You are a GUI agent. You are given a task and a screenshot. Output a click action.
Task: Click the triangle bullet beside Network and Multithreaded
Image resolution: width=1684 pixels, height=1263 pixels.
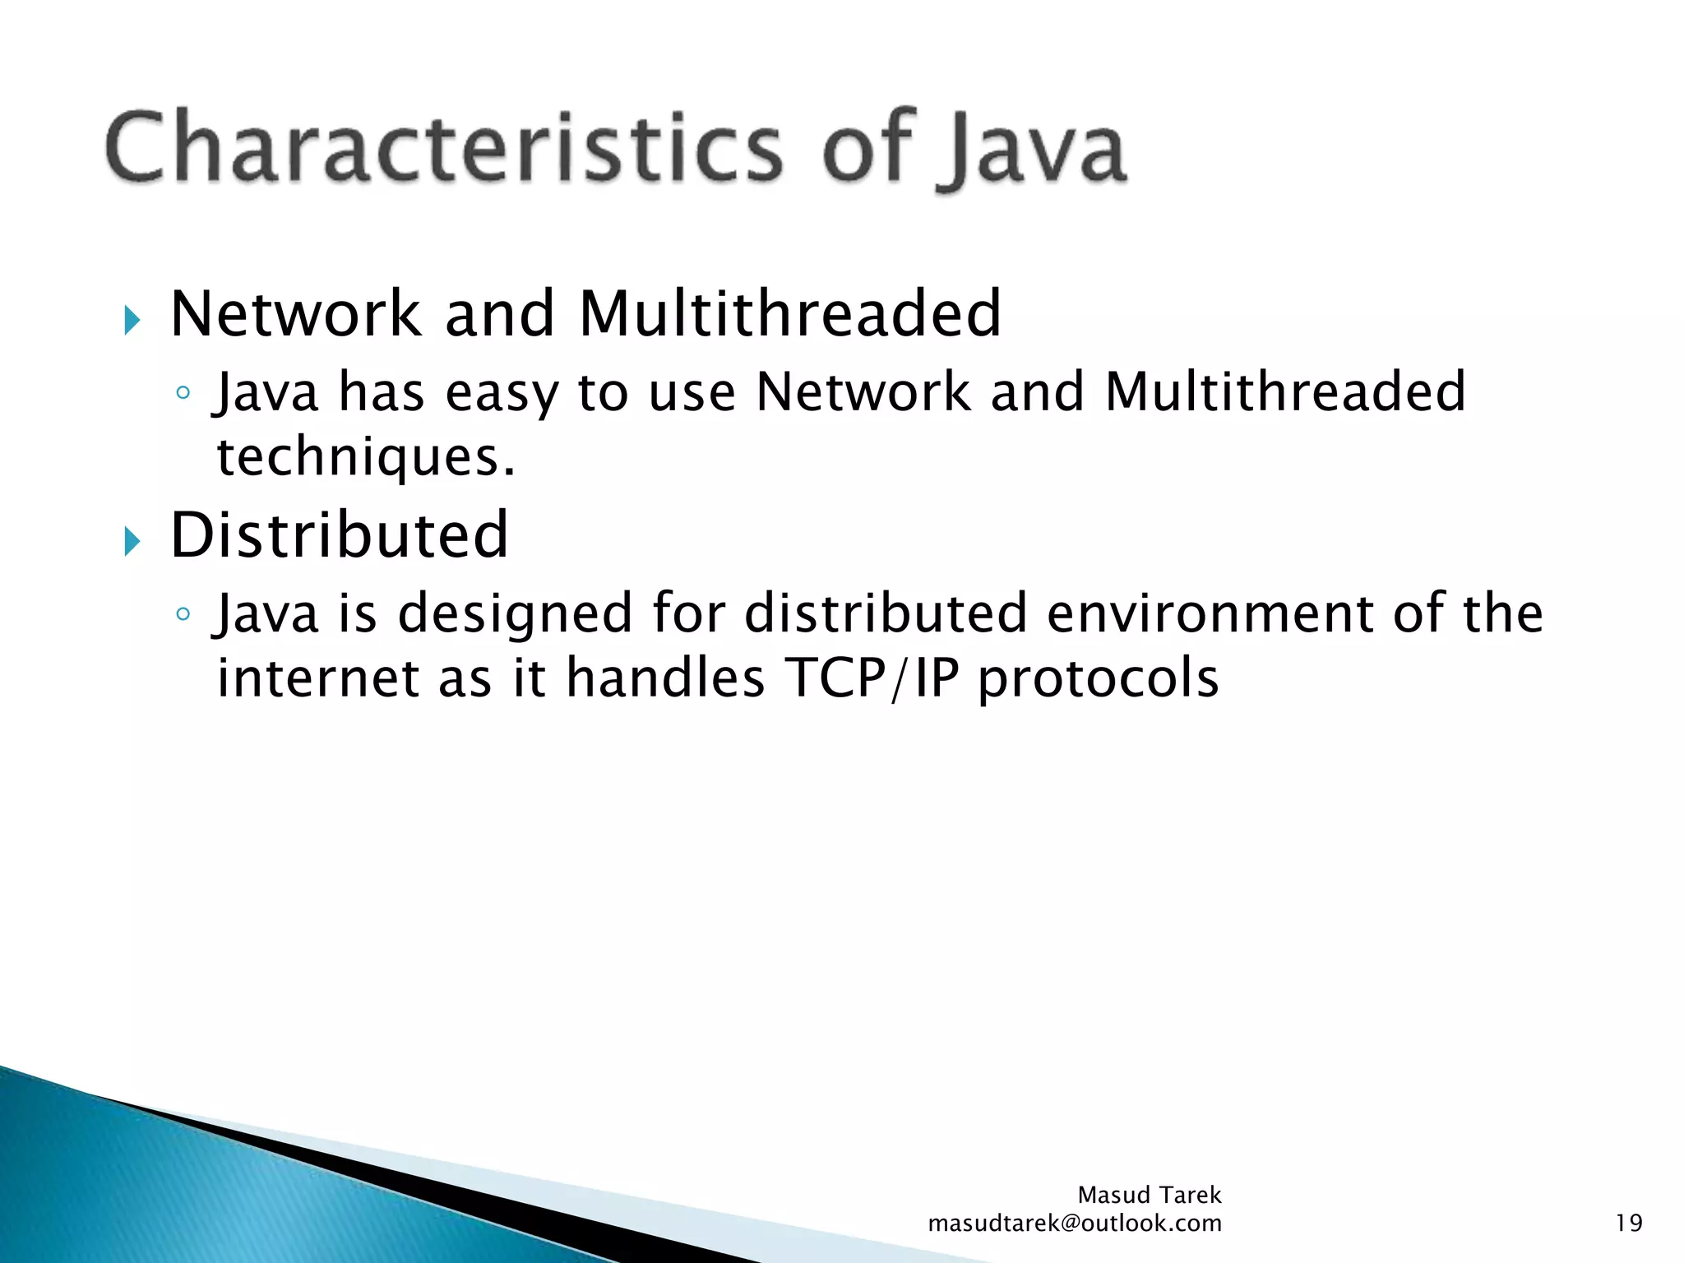click(132, 320)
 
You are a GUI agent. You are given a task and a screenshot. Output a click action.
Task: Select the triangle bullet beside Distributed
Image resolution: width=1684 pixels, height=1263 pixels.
click(132, 541)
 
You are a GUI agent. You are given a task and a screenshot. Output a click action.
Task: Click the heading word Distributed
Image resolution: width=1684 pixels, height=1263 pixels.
click(339, 535)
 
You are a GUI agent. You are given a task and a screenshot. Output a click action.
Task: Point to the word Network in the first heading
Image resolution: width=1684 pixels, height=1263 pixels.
click(295, 314)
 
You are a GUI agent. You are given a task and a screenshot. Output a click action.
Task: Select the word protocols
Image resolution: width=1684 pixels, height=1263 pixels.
click(1099, 679)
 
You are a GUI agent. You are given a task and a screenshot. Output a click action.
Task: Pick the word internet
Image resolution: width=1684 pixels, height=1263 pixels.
click(317, 678)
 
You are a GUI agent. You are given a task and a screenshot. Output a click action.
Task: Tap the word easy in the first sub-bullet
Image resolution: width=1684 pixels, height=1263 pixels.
click(501, 393)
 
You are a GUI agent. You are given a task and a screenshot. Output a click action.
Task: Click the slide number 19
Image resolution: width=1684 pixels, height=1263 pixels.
click(1628, 1224)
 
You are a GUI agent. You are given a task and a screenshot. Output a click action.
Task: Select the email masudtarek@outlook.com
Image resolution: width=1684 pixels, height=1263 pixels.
click(1074, 1224)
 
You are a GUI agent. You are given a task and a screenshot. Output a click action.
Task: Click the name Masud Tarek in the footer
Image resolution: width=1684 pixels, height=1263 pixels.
click(1149, 1195)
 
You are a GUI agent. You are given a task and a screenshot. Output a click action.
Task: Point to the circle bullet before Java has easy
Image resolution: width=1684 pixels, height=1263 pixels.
click(183, 392)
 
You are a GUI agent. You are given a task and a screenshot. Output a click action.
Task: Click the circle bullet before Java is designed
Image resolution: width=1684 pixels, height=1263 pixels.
click(183, 613)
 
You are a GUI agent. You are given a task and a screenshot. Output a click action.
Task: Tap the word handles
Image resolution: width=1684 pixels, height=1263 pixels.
click(665, 678)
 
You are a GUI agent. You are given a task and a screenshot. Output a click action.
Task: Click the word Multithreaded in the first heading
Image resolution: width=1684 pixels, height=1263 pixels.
click(789, 314)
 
